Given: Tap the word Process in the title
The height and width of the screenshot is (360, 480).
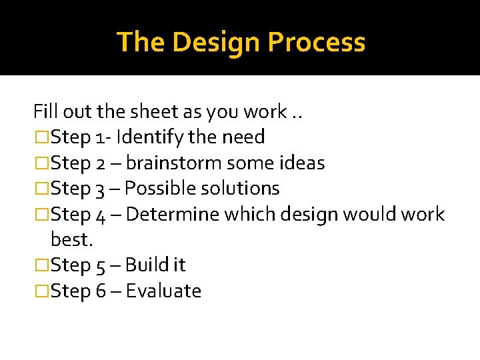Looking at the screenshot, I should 317,42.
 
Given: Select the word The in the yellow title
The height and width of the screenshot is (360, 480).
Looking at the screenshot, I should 141,42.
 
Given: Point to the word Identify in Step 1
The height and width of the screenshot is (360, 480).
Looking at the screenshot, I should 142,137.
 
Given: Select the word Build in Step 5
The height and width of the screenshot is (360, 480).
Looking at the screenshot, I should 146,265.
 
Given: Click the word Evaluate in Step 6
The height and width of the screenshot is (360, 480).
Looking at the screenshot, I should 163,291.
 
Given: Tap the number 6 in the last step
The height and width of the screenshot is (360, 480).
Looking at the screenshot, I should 101,291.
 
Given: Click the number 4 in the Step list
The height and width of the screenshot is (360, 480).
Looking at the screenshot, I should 101,215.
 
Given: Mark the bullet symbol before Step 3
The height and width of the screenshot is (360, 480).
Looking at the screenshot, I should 41,189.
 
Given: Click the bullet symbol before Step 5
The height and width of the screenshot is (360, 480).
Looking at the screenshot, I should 41,266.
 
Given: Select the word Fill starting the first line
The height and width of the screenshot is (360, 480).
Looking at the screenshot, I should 45,111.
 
